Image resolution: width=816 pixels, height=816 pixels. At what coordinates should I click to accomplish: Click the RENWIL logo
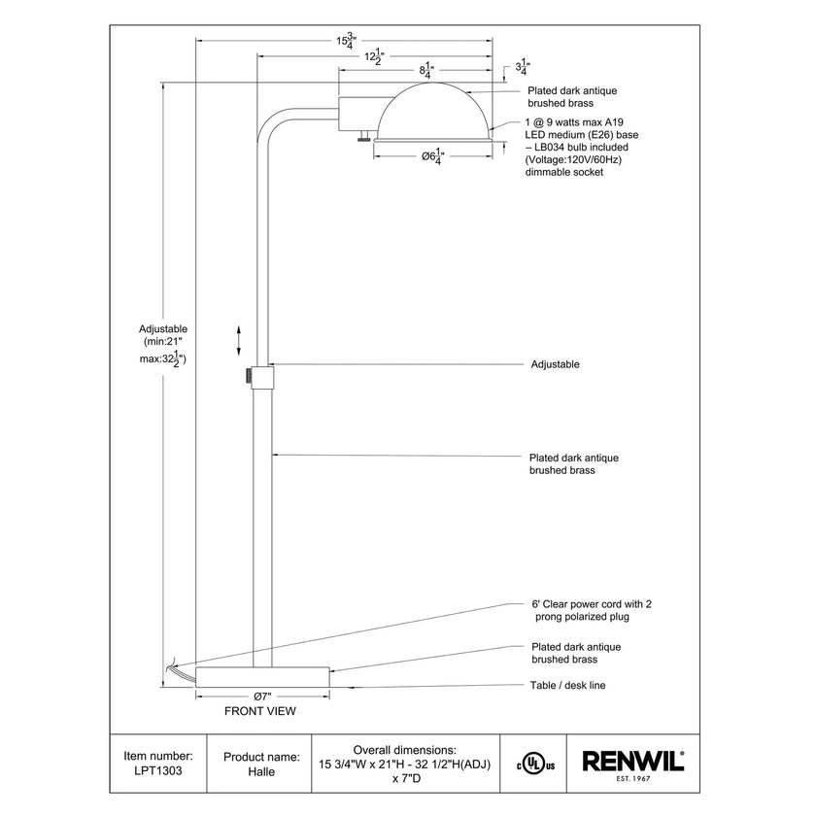[x=632, y=762]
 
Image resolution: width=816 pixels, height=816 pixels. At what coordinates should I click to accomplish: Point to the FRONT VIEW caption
[x=259, y=711]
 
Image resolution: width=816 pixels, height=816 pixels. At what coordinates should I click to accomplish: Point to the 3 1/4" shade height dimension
[x=521, y=67]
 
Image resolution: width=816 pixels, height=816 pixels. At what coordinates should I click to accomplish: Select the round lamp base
[x=262, y=677]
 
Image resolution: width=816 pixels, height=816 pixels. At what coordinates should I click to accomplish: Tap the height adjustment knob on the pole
[x=250, y=374]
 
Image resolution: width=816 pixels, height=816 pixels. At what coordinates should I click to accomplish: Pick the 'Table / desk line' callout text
[x=568, y=685]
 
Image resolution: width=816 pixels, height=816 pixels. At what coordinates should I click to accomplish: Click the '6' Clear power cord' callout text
[x=590, y=610]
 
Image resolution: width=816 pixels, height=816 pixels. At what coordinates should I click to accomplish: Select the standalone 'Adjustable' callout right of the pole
[x=555, y=364]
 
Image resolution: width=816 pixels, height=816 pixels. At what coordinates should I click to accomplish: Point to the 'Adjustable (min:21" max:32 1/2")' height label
[x=163, y=344]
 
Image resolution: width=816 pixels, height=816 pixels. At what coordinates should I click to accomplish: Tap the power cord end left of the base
[x=173, y=666]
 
